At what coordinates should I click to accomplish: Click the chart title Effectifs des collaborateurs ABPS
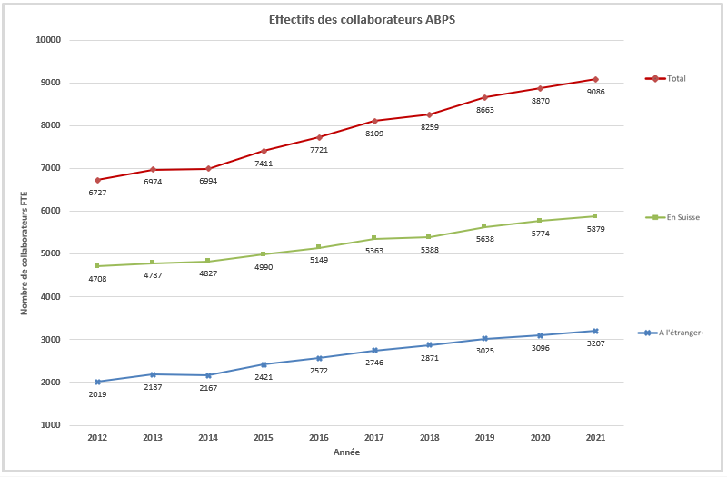point(362,19)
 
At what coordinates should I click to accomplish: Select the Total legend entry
point(676,78)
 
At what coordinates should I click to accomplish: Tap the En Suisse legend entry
point(682,217)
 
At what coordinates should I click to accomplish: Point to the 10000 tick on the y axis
point(47,40)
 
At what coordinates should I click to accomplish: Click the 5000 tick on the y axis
point(50,254)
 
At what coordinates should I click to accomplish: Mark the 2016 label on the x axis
point(319,438)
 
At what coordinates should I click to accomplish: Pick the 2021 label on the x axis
point(595,438)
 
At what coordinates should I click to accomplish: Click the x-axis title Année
point(346,452)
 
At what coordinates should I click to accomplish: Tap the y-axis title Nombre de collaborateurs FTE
point(25,246)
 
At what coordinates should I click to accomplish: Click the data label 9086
point(595,92)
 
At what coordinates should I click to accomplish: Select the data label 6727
point(97,193)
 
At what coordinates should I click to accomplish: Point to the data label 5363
point(373,251)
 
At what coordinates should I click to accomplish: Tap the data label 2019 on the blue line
point(97,394)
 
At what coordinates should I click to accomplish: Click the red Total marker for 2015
point(264,151)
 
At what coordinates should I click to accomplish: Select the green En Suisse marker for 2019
point(484,226)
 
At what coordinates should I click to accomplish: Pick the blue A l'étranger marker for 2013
point(153,374)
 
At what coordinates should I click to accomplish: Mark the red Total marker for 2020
point(540,88)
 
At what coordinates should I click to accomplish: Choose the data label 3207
point(595,343)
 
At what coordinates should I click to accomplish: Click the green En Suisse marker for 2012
point(97,266)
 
